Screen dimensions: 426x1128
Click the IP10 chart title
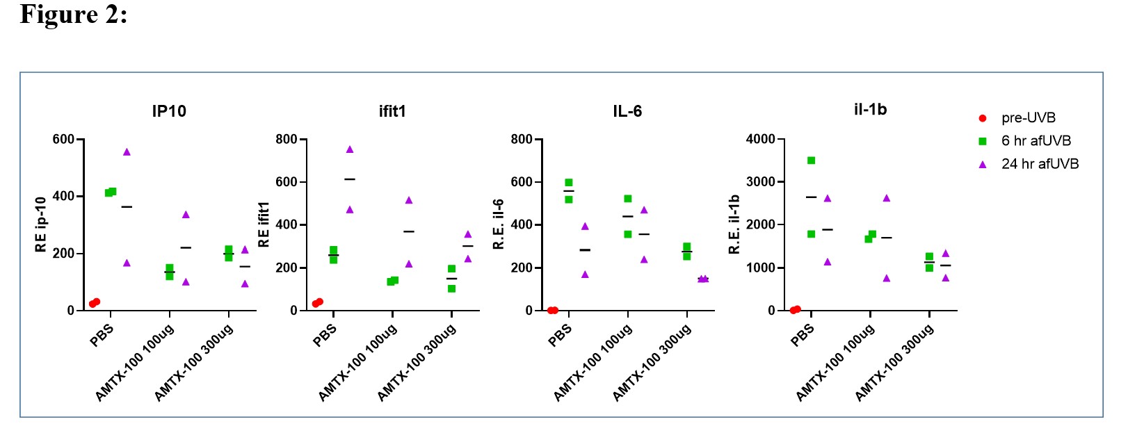click(169, 111)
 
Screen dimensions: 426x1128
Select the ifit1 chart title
click(392, 111)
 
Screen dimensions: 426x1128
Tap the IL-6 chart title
click(627, 111)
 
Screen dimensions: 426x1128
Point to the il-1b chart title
click(870, 109)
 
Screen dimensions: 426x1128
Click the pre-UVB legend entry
click(1028, 118)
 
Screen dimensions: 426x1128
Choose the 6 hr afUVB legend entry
click(1036, 141)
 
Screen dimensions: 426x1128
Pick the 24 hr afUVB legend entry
click(1040, 164)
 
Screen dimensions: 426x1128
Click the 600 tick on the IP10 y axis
click(63, 140)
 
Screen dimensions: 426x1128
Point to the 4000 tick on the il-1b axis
click(760, 140)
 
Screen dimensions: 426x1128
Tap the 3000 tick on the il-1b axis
click(760, 182)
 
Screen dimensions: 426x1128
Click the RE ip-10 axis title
click(40, 224)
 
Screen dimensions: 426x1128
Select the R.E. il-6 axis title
click(499, 224)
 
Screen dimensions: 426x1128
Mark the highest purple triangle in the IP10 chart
click(127, 151)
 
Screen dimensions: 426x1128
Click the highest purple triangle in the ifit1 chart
click(350, 149)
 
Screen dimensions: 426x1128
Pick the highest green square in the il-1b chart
click(811, 161)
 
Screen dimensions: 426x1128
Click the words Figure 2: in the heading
click(74, 14)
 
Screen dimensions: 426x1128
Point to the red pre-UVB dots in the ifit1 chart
click(317, 302)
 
